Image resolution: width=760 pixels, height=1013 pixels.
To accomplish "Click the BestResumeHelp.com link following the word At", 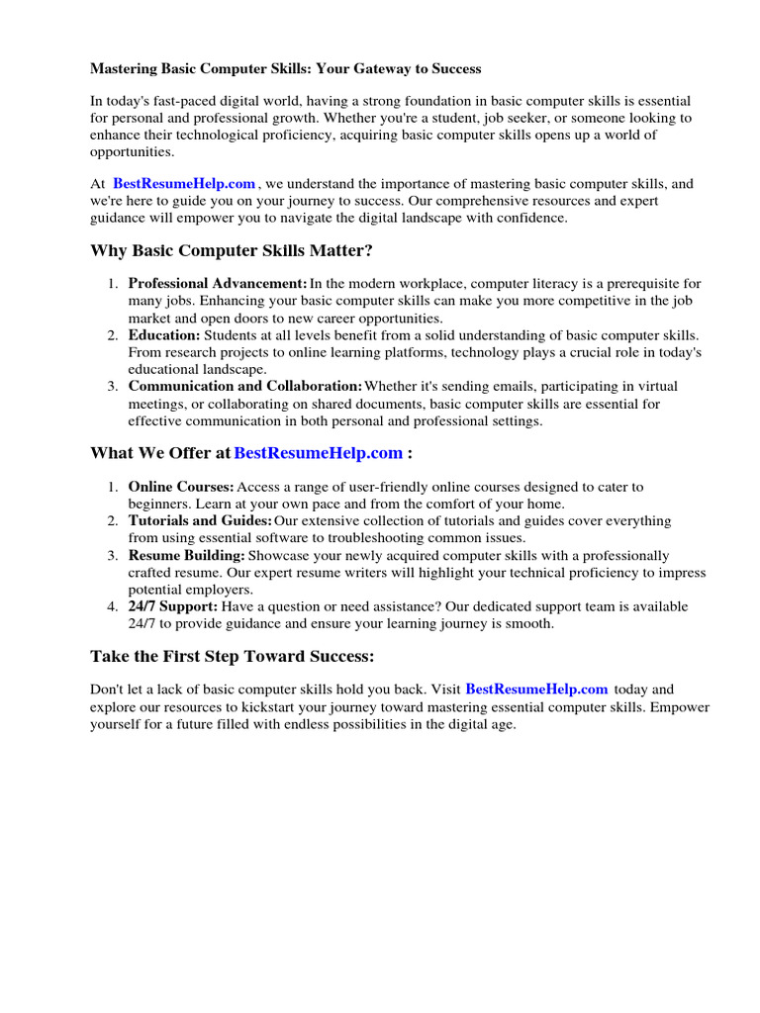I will click(184, 184).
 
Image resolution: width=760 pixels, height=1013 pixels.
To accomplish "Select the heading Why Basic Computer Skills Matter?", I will click(232, 250).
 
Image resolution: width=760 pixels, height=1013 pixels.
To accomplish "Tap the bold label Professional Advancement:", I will click(218, 285).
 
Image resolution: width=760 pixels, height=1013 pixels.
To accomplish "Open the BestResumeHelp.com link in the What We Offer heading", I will click(318, 453).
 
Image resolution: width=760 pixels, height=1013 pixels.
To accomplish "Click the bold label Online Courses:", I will click(181, 488).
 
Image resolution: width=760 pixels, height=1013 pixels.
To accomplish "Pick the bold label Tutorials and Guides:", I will click(200, 521).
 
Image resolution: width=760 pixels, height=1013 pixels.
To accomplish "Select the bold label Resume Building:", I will click(186, 556).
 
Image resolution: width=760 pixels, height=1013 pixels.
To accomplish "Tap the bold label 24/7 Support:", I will click(172, 606).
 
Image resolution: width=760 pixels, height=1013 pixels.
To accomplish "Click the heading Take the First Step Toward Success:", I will click(233, 657).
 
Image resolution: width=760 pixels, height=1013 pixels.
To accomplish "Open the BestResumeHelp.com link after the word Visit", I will click(536, 690).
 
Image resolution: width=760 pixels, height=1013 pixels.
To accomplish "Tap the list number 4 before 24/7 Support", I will click(112, 606).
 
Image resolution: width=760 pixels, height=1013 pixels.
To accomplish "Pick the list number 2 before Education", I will click(112, 336).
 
